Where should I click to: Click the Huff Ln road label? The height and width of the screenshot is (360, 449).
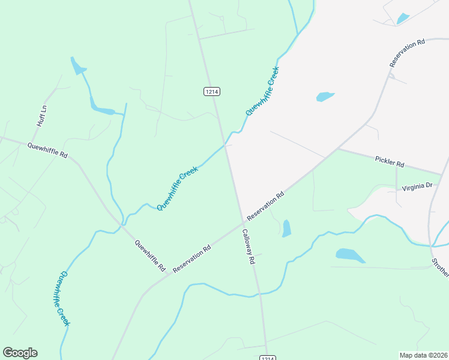tap(41, 116)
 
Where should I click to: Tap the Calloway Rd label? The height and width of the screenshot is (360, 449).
tap(249, 247)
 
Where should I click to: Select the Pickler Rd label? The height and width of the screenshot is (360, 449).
tap(390, 162)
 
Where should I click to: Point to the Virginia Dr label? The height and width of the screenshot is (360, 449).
tap(417, 187)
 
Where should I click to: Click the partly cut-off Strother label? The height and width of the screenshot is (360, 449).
tap(440, 268)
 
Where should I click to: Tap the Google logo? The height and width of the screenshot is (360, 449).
tap(20, 353)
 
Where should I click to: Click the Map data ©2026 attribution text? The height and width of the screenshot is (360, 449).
tap(423, 355)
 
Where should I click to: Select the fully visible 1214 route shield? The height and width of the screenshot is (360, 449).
tap(211, 91)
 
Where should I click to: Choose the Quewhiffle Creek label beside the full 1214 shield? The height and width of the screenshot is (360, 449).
tap(263, 91)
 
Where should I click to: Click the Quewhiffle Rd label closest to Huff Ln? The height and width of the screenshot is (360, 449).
tap(47, 150)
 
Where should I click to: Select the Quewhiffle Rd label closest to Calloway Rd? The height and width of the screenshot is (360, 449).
tap(150, 256)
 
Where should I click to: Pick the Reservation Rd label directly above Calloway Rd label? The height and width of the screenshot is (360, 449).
tap(265, 206)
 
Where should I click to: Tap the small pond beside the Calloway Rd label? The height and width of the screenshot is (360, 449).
tap(286, 228)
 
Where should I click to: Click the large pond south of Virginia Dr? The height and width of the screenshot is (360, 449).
tap(350, 255)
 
